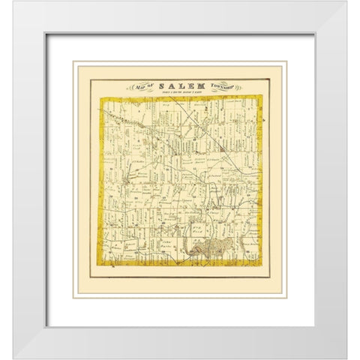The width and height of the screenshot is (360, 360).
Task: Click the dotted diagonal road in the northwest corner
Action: (120, 116)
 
